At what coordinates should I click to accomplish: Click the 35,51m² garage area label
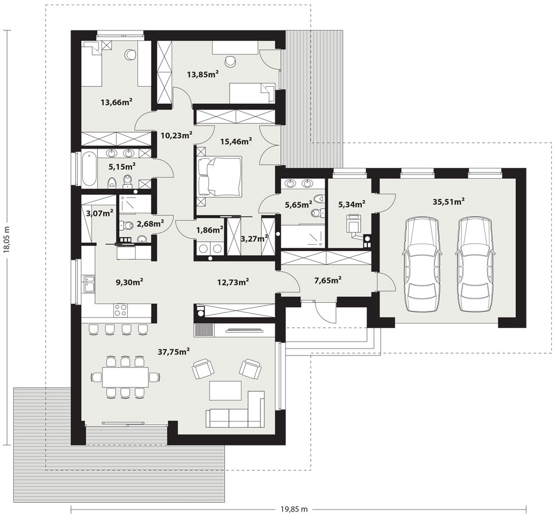[449, 201]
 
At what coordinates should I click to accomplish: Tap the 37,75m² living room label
[173, 351]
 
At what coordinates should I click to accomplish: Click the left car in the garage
[421, 264]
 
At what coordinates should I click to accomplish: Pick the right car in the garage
[475, 264]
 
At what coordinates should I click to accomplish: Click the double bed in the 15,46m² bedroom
[220, 176]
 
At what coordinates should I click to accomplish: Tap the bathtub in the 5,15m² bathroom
[89, 169]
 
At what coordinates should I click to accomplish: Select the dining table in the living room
[125, 377]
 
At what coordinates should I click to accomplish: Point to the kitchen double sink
[89, 284]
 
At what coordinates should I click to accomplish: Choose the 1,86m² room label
[210, 230]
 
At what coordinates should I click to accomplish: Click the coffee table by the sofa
[226, 390]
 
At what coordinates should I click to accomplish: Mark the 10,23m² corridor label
[176, 135]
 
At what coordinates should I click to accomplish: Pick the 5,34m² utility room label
[352, 204]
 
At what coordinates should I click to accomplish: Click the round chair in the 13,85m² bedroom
[231, 61]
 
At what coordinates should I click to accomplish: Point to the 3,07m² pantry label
[100, 213]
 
